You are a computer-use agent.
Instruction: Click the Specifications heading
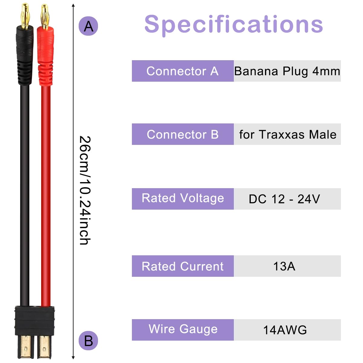[234, 25]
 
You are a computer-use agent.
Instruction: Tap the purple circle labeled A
[88, 26]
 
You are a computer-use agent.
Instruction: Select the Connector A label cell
[183, 71]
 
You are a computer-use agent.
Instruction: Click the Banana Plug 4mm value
[287, 71]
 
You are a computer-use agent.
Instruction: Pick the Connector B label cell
[183, 134]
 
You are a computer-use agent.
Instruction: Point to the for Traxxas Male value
[288, 135]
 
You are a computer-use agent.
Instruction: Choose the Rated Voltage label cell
[183, 199]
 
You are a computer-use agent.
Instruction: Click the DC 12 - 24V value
[284, 199]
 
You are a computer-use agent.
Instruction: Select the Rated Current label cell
[183, 266]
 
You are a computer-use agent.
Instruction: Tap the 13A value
[284, 267]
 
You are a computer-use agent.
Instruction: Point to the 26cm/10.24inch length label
[85, 190]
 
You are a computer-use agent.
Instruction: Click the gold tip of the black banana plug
[25, 15]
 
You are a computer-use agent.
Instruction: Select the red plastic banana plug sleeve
[45, 56]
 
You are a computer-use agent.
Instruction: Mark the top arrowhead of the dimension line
[73, 5]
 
